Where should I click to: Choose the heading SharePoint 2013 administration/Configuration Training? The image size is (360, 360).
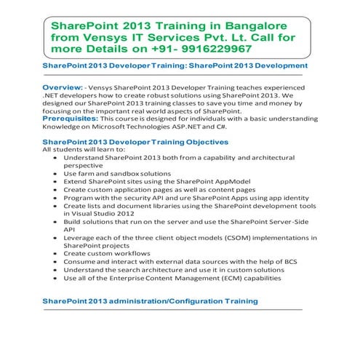click(150, 300)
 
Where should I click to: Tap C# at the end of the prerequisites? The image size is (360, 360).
click(210, 125)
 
